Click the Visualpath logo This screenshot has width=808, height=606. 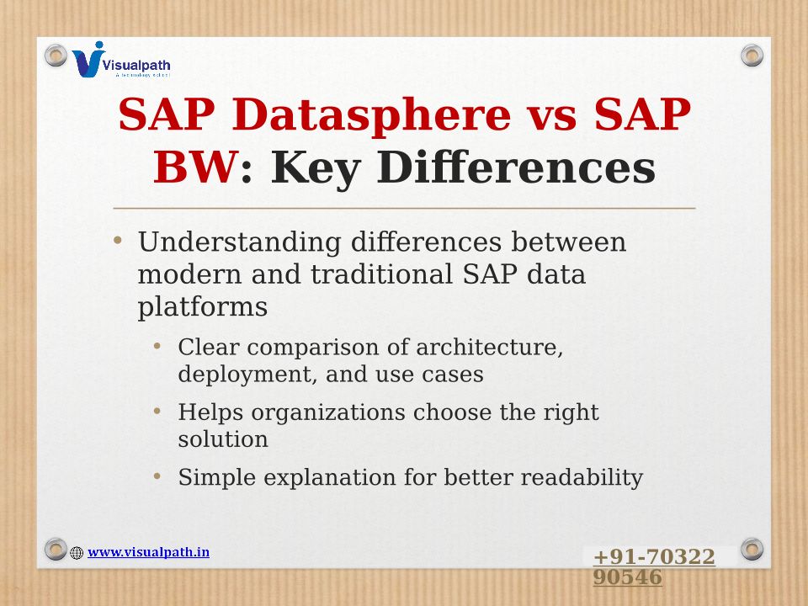[x=121, y=60]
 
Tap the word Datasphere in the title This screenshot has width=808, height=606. [x=371, y=115]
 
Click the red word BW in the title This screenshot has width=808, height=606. [x=195, y=167]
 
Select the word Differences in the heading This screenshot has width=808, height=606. [x=516, y=167]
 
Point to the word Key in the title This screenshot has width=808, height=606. [x=316, y=168]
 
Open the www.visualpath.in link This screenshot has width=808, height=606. [x=148, y=552]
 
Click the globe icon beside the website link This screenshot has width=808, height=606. [x=77, y=553]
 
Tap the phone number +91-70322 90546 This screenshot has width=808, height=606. [x=654, y=566]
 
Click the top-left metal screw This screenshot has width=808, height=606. [x=56, y=56]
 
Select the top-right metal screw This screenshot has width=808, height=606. [x=752, y=56]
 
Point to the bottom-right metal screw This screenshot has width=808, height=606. [x=752, y=549]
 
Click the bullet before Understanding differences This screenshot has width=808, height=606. [x=118, y=240]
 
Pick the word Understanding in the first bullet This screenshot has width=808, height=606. [x=240, y=242]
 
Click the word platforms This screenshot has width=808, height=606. [x=203, y=308]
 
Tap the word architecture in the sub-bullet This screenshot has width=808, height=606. [x=489, y=348]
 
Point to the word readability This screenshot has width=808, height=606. [x=582, y=478]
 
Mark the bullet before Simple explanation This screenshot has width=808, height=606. [x=157, y=476]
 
